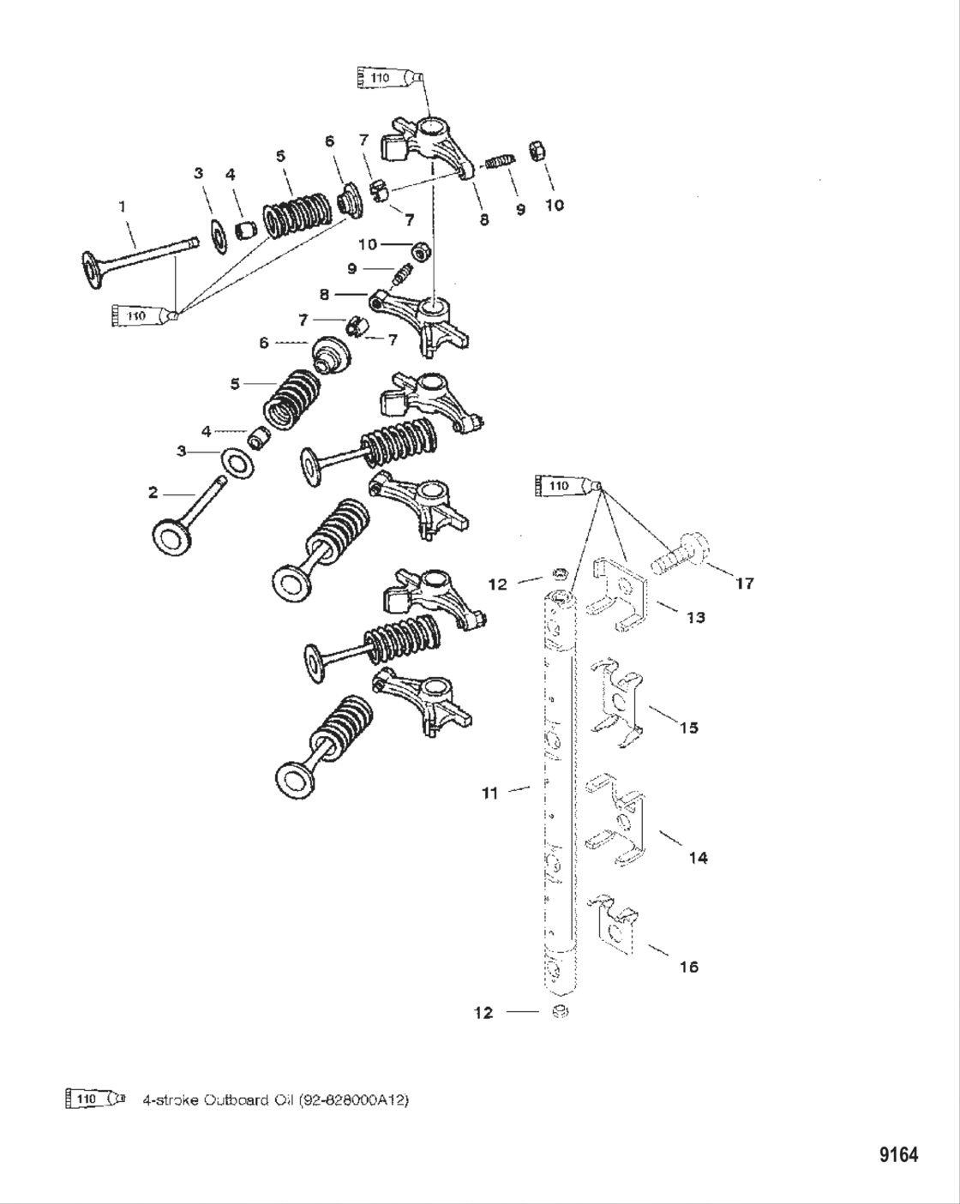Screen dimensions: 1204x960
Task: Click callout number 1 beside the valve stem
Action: point(122,206)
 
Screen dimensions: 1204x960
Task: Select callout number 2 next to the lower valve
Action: point(153,493)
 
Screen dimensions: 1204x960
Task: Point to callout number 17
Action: point(744,584)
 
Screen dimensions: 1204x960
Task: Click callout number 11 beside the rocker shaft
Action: point(489,794)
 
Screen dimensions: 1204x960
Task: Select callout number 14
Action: point(698,857)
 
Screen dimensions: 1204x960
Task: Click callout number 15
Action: point(688,728)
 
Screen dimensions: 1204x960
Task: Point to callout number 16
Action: point(688,967)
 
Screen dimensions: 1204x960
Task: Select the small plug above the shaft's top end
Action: point(558,572)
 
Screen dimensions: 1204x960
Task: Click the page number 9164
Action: point(898,1155)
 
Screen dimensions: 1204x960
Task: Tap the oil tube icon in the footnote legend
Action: point(94,1099)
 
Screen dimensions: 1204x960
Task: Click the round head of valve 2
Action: point(174,539)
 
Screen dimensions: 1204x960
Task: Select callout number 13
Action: point(695,617)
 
